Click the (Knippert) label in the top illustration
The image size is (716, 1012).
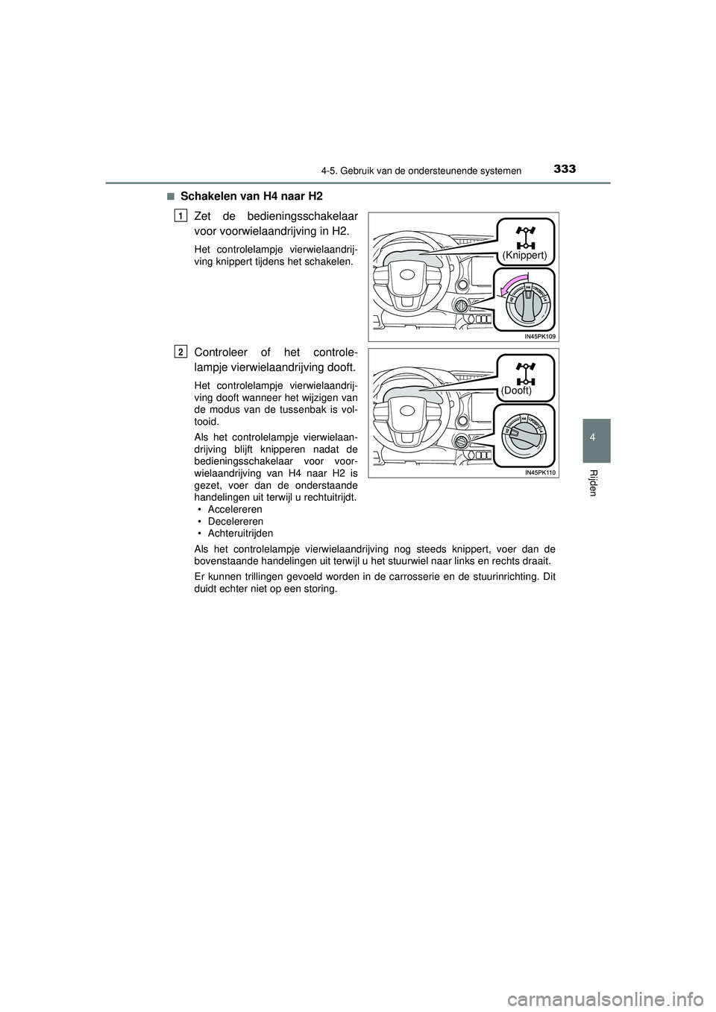(x=524, y=255)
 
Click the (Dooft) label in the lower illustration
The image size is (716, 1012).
(x=516, y=390)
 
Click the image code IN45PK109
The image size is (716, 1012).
(x=539, y=337)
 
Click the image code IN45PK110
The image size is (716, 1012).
(x=539, y=472)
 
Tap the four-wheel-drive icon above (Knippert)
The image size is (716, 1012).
(x=526, y=235)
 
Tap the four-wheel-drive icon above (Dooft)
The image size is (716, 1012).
(x=526, y=371)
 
